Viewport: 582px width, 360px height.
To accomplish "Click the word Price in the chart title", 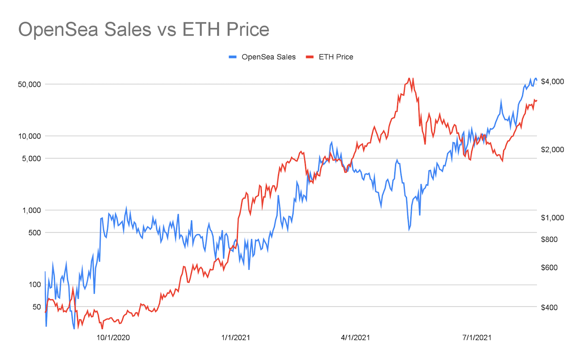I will [247, 30].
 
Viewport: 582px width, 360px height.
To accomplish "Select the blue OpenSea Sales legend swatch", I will [233, 57].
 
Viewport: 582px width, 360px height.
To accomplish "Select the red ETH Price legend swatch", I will [310, 57].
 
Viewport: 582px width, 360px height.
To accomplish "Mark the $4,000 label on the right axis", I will [552, 82].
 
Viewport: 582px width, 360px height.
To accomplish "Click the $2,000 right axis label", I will [552, 149].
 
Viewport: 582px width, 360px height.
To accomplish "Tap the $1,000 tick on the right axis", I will [552, 218].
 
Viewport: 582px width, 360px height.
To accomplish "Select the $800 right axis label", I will [549, 239].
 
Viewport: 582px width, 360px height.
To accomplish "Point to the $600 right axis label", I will [549, 267].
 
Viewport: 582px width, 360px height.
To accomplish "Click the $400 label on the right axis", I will [549, 307].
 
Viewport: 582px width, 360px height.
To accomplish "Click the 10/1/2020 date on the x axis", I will [113, 338].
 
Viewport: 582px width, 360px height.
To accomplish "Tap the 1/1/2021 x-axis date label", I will [235, 338].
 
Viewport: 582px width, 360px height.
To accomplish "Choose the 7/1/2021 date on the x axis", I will [477, 338].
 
